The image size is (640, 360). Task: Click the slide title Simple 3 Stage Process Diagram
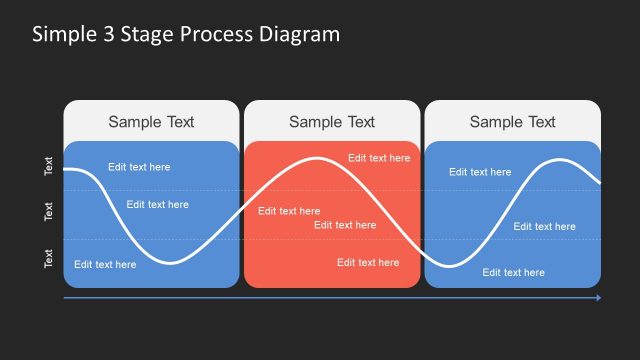click(186, 34)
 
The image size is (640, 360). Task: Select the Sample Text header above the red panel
click(332, 122)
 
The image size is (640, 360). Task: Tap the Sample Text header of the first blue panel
click(151, 122)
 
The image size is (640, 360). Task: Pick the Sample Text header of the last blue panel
click(512, 122)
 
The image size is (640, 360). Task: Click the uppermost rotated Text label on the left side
click(49, 166)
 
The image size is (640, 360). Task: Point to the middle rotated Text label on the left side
click(49, 211)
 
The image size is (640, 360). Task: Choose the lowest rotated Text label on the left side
click(49, 259)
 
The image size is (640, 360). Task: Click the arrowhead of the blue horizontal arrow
click(598, 298)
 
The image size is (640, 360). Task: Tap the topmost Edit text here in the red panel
click(379, 158)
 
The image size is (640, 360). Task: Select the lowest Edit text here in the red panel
click(368, 263)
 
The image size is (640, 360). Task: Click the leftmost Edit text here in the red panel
click(289, 211)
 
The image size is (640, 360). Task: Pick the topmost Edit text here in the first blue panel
click(139, 167)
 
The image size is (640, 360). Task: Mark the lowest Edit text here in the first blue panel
click(105, 265)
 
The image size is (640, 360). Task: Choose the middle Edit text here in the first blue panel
click(157, 205)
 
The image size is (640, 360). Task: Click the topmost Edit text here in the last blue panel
click(480, 172)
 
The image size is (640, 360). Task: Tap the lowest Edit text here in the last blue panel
click(514, 272)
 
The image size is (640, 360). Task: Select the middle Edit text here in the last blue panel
click(545, 227)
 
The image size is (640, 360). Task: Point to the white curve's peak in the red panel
click(319, 158)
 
